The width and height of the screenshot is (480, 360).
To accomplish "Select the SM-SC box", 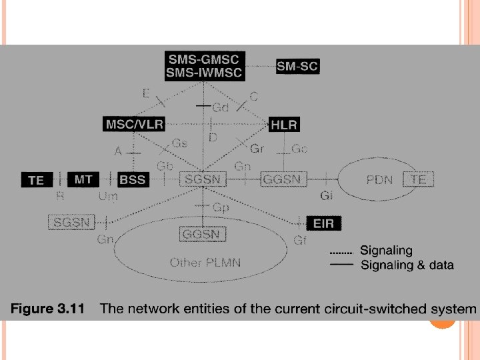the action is [297, 66].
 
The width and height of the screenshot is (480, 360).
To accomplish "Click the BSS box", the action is [132, 179].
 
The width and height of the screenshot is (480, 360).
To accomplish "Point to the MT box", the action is [83, 179].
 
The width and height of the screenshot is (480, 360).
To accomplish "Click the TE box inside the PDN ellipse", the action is [418, 179].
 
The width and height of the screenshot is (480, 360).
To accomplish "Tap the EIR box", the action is [323, 224].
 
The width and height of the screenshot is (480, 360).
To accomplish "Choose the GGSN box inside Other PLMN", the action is [203, 234].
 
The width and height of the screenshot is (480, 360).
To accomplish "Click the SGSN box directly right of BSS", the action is [203, 179].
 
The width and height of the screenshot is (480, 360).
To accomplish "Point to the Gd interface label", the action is [221, 107].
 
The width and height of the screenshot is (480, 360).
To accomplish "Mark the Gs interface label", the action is [179, 144].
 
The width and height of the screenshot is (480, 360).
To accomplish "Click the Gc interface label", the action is [299, 149].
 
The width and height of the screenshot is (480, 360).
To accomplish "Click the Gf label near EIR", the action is [299, 240].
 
